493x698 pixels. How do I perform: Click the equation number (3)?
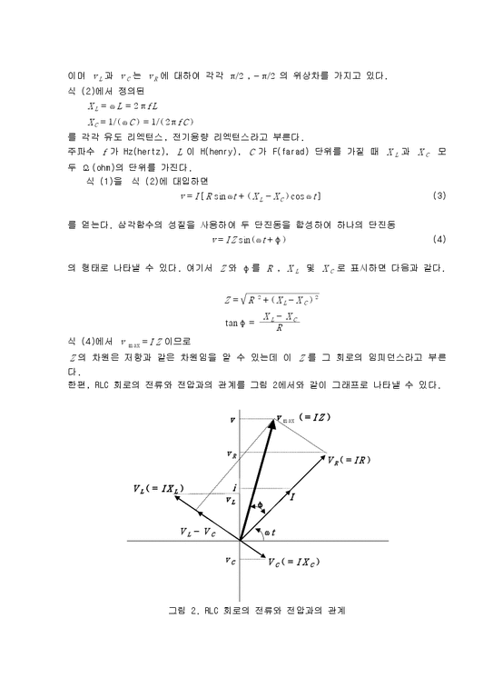point(439,195)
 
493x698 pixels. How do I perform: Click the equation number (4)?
point(439,240)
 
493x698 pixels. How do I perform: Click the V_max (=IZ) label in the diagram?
point(304,418)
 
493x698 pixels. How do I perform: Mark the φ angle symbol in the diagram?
point(259,505)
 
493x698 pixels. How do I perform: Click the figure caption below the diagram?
point(245,610)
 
